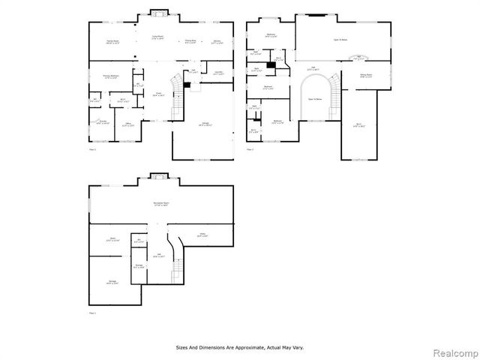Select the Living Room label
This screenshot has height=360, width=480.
pos(159,37)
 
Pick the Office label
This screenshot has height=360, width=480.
pos(129,124)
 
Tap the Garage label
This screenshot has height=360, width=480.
pos(204,124)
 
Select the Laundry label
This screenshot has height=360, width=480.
pos(218,73)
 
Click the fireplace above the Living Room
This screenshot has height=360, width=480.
pos(158,12)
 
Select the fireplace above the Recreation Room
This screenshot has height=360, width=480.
pos(158,177)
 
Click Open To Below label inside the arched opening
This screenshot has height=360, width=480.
pos(316,98)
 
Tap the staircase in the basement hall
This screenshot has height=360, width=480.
pos(178,266)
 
